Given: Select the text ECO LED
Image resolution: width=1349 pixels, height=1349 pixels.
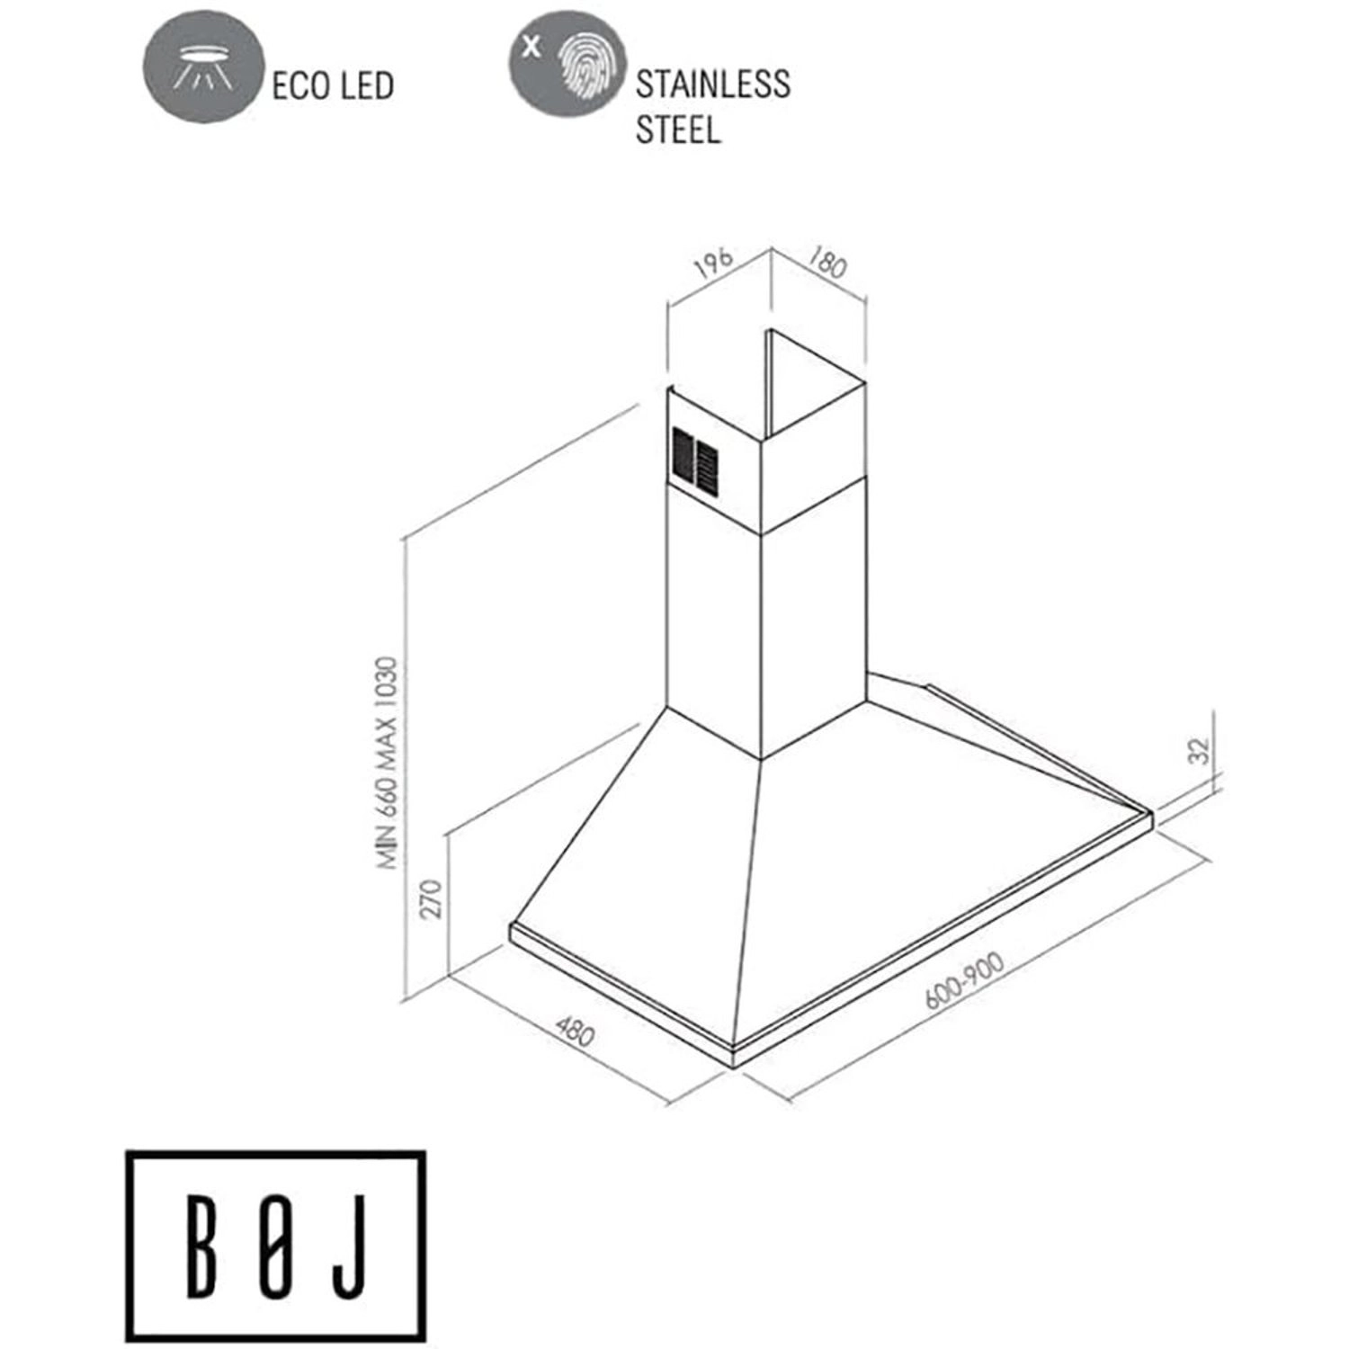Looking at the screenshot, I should [x=333, y=85].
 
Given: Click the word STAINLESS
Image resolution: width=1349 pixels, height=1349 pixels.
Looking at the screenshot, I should [x=712, y=85].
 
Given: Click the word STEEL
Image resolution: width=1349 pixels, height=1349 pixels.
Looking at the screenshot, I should [x=678, y=130].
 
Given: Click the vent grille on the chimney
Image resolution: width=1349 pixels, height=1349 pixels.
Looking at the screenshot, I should [x=696, y=460].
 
